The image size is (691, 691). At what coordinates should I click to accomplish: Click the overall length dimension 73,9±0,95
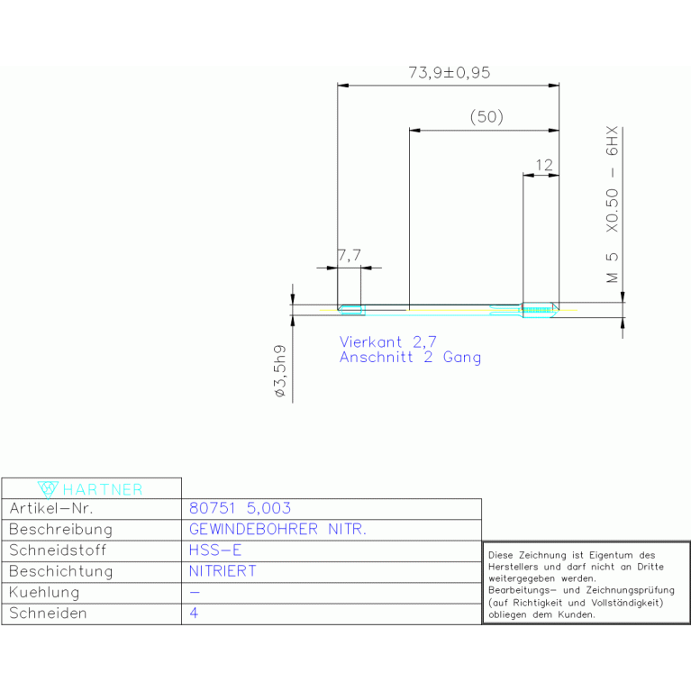pyautogui.click(x=449, y=73)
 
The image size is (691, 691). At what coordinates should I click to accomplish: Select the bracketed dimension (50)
pyautogui.click(x=486, y=117)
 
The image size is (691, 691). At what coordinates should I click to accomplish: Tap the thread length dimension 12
pyautogui.click(x=544, y=165)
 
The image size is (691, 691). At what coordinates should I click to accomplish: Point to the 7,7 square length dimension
pyautogui.click(x=350, y=255)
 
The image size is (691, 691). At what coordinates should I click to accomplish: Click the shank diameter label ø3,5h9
pyautogui.click(x=280, y=371)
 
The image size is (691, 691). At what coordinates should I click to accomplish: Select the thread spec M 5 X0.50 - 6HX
pyautogui.click(x=612, y=205)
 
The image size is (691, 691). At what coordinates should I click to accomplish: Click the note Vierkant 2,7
pyautogui.click(x=387, y=342)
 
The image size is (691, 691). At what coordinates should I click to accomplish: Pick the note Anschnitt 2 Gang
pyautogui.click(x=410, y=357)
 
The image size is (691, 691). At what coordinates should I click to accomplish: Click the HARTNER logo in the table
pyautogui.click(x=90, y=489)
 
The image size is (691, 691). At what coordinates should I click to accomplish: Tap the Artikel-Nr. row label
pyautogui.click(x=51, y=508)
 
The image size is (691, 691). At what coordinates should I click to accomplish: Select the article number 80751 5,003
pyautogui.click(x=240, y=508)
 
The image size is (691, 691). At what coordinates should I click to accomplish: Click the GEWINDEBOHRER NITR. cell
pyautogui.click(x=277, y=529)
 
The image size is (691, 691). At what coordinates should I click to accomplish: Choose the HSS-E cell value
pyautogui.click(x=215, y=550)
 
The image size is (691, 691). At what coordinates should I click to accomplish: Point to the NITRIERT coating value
pyautogui.click(x=223, y=571)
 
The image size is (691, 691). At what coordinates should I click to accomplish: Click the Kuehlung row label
pyautogui.click(x=44, y=592)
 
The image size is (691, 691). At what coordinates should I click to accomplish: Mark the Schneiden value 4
pyautogui.click(x=194, y=613)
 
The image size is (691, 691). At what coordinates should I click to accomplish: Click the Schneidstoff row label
pyautogui.click(x=58, y=550)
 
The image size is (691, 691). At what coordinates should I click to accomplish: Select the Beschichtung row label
pyautogui.click(x=61, y=571)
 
